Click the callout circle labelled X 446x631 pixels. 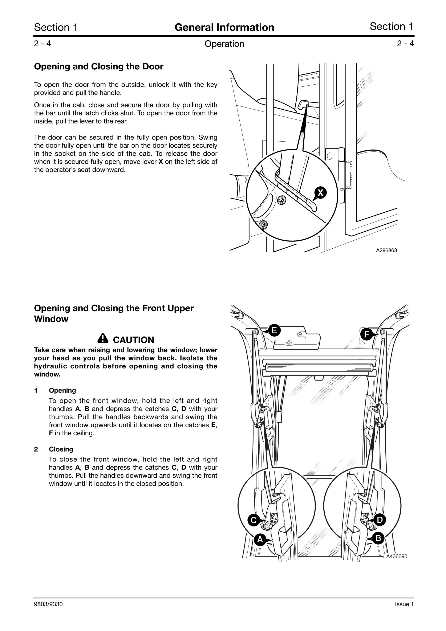click(x=320, y=192)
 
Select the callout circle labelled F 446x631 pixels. click(x=366, y=334)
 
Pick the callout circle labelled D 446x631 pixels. click(x=380, y=520)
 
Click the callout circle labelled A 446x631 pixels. click(x=260, y=540)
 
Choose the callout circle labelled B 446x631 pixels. click(x=378, y=538)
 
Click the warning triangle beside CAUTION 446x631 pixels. click(x=103, y=338)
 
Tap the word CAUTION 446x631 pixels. click(x=134, y=340)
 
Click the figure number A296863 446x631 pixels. click(x=386, y=250)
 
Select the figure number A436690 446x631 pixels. click(x=397, y=556)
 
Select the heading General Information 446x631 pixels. click(x=224, y=28)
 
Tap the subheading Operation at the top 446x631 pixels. click(x=224, y=44)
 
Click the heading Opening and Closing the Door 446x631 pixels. click(x=99, y=66)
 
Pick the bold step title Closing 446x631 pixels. click(x=61, y=449)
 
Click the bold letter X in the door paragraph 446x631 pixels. click(x=161, y=162)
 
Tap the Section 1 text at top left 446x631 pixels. click(x=56, y=28)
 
